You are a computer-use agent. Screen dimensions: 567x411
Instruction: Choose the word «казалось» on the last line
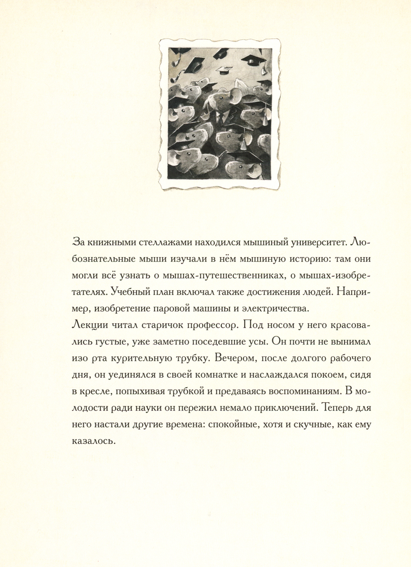pyautogui.click(x=92, y=442)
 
